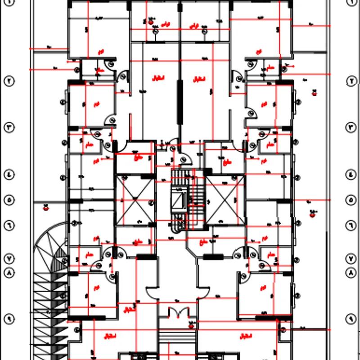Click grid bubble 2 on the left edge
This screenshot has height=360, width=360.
9,81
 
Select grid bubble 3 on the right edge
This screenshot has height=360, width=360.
351,127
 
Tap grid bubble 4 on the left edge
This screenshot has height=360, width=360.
9,174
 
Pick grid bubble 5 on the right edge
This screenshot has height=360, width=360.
351,200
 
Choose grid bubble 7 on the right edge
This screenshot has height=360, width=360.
351,259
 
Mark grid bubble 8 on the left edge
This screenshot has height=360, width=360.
9,273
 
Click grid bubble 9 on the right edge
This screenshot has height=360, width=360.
351,319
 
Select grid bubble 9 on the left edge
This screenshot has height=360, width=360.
9,319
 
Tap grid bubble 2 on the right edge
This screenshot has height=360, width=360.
351,81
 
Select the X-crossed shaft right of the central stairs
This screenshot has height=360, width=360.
225,200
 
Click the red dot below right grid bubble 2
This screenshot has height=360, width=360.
314,94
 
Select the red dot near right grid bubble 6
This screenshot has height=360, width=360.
312,215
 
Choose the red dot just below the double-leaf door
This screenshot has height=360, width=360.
191,325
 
